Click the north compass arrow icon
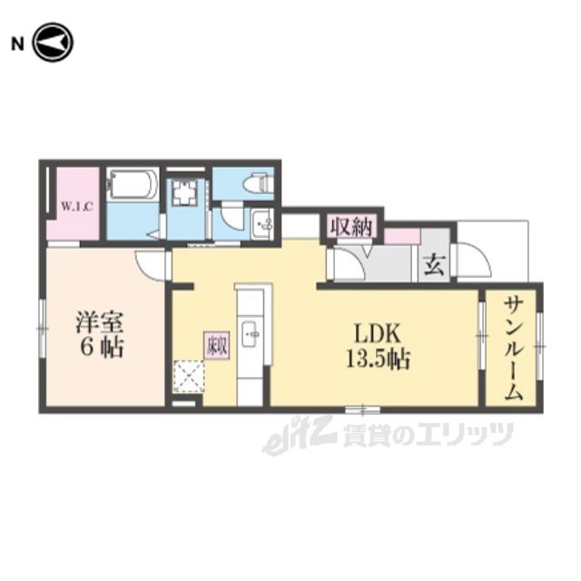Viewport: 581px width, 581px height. (x=52, y=43)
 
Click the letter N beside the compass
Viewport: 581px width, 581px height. (x=15, y=43)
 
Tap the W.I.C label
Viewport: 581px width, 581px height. (x=75, y=206)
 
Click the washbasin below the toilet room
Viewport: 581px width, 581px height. (x=261, y=223)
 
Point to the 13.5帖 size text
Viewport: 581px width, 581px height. (x=376, y=359)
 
